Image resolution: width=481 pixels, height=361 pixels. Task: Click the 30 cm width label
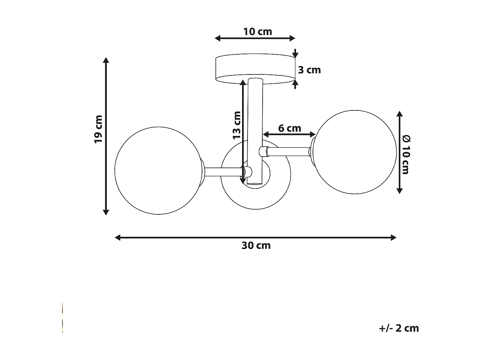tap(256, 245)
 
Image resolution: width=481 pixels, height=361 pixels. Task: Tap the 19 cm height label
tap(98, 129)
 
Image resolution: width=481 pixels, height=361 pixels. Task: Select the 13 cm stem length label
tap(237, 125)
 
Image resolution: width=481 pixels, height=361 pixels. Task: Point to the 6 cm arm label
tap(290, 128)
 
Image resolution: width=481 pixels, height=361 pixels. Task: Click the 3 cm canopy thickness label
tap(309, 70)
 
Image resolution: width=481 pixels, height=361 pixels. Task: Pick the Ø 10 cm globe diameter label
tap(406, 155)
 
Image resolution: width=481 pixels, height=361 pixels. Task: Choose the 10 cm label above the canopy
tap(257, 32)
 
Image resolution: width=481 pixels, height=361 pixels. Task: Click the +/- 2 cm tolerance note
tap(399, 328)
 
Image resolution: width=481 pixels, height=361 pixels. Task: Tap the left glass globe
tap(157, 171)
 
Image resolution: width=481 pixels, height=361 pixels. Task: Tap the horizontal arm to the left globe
tap(223, 172)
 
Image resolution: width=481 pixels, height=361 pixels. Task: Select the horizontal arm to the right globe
tap(289, 151)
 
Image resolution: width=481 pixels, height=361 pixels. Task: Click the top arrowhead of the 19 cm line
tap(106, 60)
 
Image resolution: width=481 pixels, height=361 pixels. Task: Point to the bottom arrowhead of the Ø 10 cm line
tap(399, 191)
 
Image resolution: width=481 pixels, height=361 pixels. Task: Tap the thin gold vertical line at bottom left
tap(63, 318)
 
